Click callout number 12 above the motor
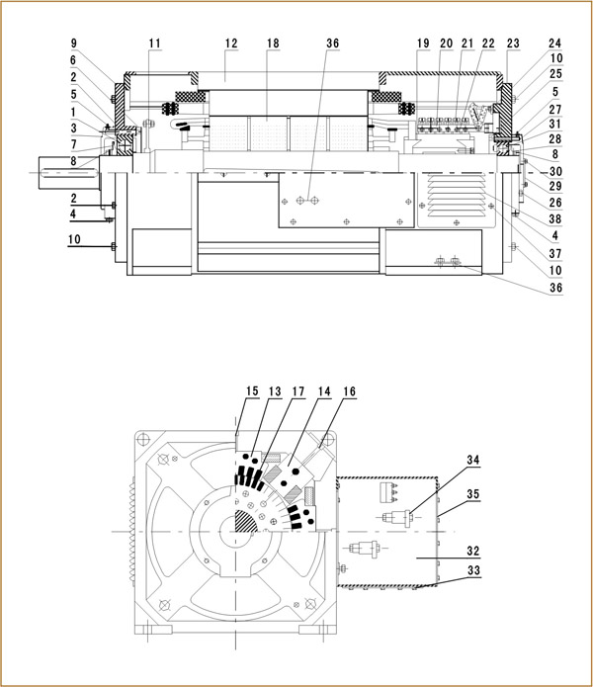(231, 43)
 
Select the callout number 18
(274, 43)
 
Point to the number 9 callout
(73, 43)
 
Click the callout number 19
(423, 43)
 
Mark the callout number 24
(554, 43)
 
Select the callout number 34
(473, 462)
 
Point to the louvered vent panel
(456, 201)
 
